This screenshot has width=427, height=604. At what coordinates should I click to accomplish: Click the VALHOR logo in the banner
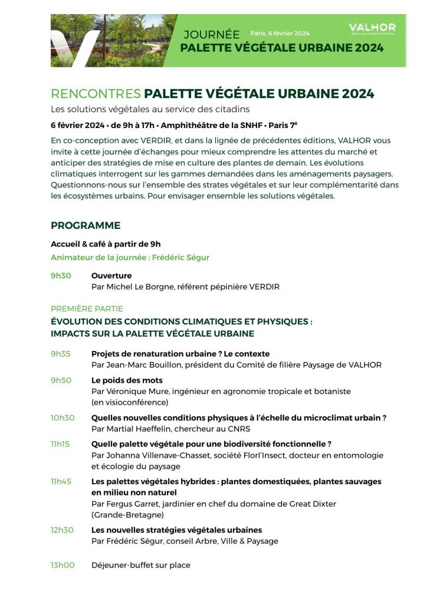point(372,28)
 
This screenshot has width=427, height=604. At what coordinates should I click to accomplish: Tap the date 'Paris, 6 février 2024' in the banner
point(280,34)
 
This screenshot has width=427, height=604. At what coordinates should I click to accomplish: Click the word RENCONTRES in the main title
point(96,94)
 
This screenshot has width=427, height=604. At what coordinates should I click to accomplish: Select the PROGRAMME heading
point(86,225)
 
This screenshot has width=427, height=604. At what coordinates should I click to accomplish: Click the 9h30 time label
point(61,275)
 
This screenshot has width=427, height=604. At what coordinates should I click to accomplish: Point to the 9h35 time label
point(61,354)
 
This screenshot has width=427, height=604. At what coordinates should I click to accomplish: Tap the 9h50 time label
point(61,380)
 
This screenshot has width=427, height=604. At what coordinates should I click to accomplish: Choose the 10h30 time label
point(63,418)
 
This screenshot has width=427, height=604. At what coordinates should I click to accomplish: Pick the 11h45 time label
point(61,481)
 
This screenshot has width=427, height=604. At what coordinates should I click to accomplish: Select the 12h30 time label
point(62,530)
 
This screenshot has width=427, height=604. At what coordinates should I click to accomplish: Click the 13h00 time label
point(63,565)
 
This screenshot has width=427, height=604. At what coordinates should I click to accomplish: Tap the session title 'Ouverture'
point(111,275)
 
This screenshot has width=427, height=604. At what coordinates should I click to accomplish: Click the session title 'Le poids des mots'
point(127,380)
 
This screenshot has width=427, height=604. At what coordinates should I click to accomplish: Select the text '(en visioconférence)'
point(129,402)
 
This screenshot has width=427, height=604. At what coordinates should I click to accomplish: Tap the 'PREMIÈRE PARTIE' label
point(87,308)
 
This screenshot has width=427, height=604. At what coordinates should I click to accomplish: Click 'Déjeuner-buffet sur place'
point(141,565)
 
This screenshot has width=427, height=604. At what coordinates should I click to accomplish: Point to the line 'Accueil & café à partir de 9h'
point(106,244)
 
